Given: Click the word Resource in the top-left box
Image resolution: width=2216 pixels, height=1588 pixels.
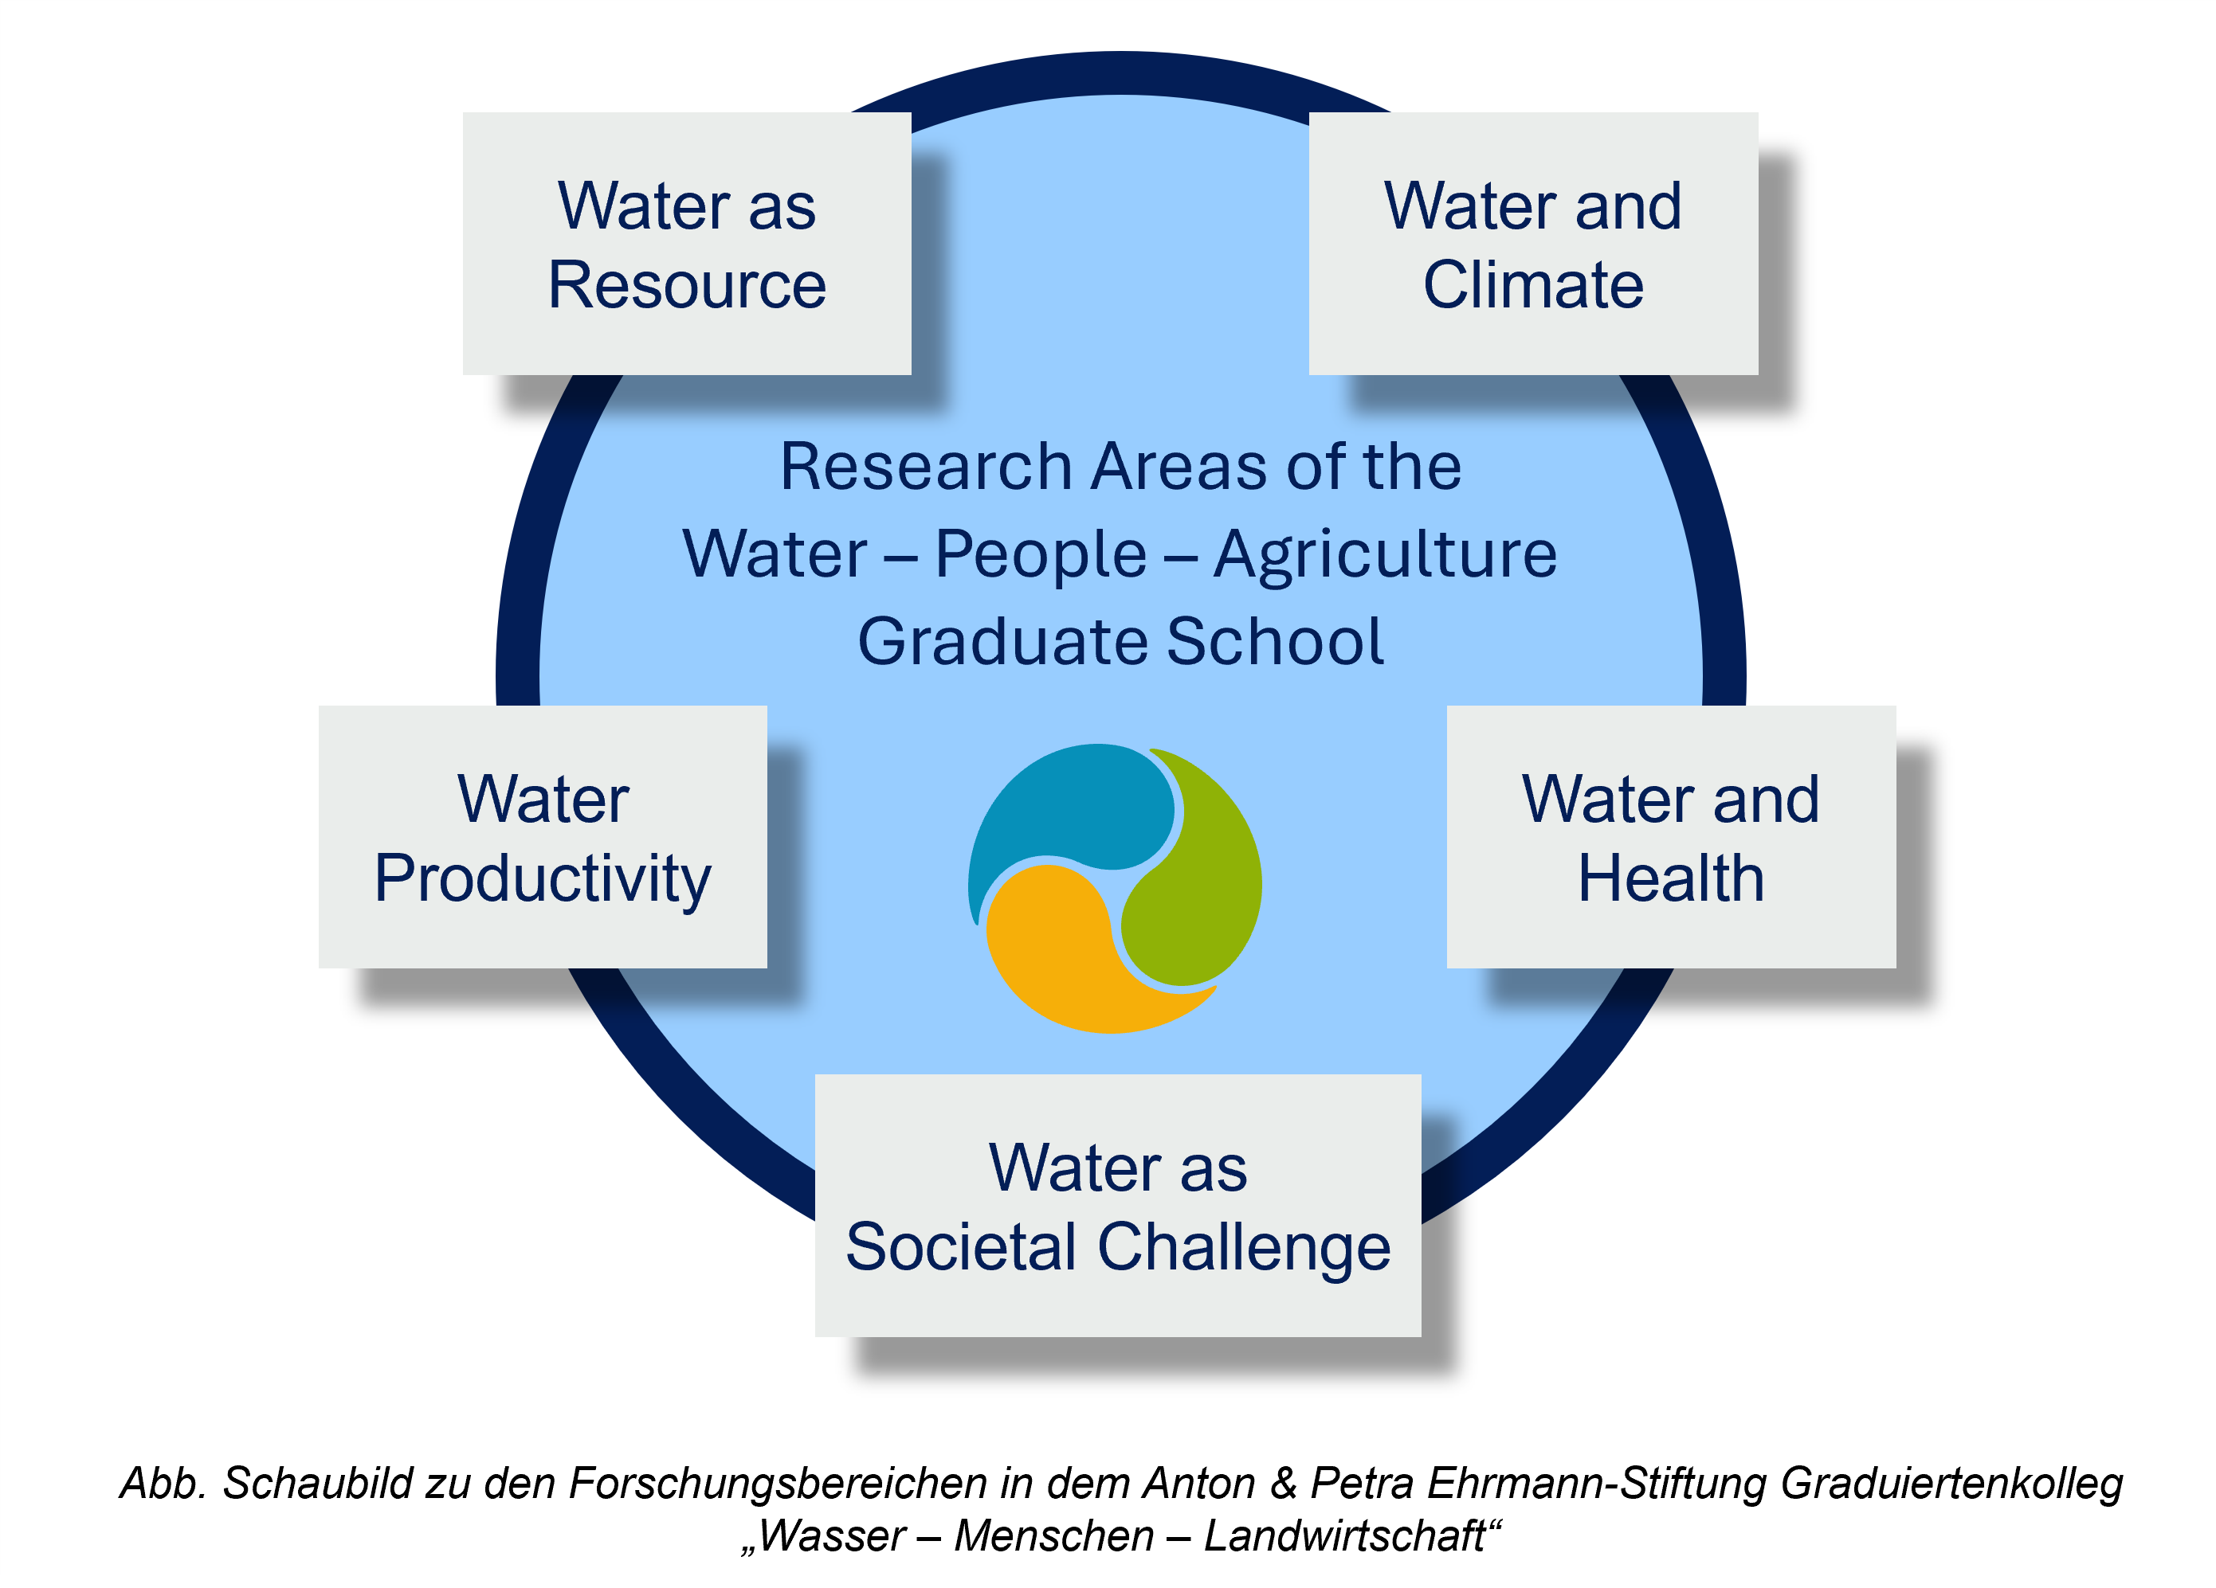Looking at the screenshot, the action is coord(687,285).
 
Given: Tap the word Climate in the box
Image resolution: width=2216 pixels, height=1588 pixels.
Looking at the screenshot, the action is coord(1533,285).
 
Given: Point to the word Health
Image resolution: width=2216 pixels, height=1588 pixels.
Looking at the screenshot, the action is coord(1671,878).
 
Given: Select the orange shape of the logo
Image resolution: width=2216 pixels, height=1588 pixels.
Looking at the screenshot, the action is coord(1075,957).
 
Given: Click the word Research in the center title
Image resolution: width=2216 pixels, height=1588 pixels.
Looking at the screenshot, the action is coord(926,466).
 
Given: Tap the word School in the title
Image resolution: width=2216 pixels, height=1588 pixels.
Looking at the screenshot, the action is coord(1275,642).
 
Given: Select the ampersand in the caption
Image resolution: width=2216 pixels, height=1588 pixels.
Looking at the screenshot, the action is coord(1283,1483).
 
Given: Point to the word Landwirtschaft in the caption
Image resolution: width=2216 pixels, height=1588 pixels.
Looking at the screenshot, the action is coord(1344,1536).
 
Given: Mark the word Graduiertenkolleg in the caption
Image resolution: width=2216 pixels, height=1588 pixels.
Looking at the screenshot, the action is coord(1951,1484).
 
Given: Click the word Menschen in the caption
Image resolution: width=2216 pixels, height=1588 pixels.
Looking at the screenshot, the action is coord(1054,1536).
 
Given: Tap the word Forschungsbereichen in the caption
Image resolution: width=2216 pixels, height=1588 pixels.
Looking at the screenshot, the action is coord(778,1484).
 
